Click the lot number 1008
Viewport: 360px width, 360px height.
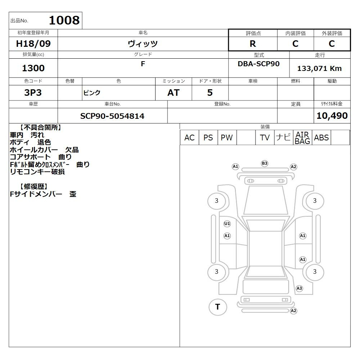coord(64,20)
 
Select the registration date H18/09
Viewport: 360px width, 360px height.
coord(33,44)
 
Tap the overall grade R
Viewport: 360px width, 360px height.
coord(253,44)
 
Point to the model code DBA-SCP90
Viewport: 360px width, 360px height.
coord(258,64)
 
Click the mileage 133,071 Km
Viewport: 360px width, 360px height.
coord(319,68)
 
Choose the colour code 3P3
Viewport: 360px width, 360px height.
coord(33,93)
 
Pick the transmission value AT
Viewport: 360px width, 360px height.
coord(174,93)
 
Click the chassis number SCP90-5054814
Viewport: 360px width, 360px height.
coord(112,116)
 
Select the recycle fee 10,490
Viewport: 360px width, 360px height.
coord(332,116)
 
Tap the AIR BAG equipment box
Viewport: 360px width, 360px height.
coord(302,138)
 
